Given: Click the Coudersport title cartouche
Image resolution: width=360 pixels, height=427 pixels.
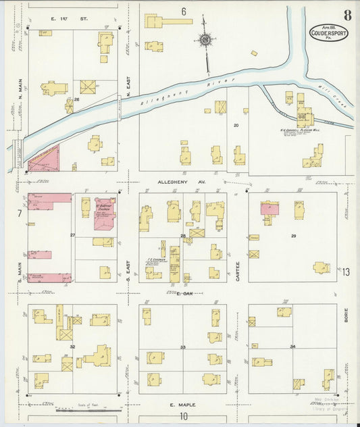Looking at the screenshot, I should coord(329,32).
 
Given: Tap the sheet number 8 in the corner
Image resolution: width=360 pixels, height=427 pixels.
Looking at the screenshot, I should coord(346,15).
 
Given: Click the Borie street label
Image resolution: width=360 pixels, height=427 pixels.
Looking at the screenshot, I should coord(345,315).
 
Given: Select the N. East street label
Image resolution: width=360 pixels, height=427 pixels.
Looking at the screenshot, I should coord(128,89).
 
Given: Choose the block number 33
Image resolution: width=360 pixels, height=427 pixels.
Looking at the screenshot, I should coord(182,347).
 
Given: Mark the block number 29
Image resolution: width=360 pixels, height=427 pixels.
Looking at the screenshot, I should coord(293,235).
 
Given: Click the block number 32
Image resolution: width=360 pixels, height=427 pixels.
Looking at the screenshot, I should coord(72,346).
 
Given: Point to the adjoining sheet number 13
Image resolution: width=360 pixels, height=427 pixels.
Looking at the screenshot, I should coord(346,272).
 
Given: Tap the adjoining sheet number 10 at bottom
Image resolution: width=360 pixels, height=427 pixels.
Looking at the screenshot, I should coord(183,416).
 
